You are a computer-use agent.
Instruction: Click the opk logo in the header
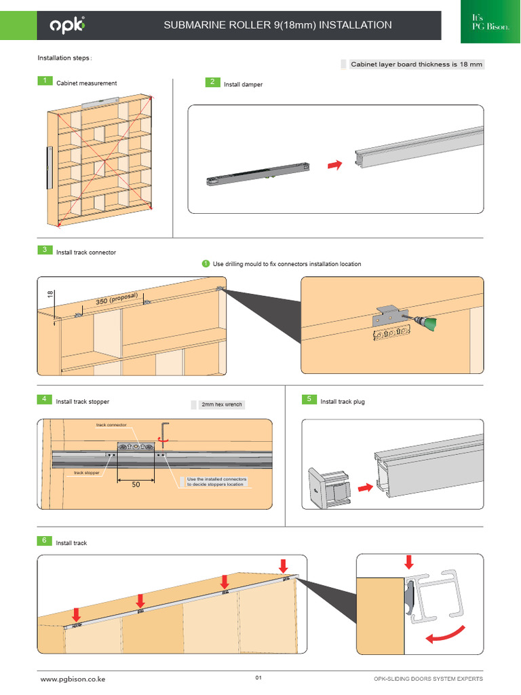66,25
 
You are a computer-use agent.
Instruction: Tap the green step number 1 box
44,81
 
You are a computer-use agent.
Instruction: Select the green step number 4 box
44,400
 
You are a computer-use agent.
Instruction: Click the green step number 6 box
44,541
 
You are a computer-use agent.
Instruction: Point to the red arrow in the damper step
334,165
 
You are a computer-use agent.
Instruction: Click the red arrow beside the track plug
365,486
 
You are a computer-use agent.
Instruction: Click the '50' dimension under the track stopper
136,485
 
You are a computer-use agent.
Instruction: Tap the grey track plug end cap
329,486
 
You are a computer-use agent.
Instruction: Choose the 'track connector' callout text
111,425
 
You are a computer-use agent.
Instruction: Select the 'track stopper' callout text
88,470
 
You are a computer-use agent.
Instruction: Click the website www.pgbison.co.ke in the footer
73,679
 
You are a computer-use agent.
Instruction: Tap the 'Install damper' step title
243,85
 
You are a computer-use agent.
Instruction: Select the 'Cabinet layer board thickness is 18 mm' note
416,64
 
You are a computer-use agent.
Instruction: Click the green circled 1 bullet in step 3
206,263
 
